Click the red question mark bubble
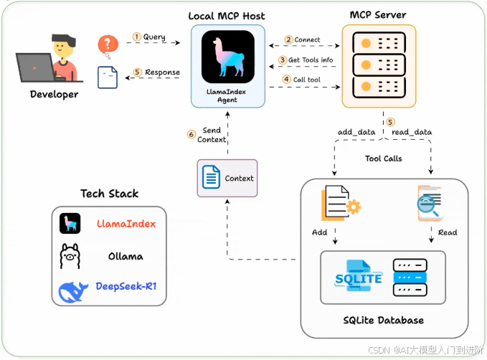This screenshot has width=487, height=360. click(108, 45)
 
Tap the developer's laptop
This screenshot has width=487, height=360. click(36, 67)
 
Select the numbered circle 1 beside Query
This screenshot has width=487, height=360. click(137, 37)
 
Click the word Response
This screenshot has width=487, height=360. click(162, 72)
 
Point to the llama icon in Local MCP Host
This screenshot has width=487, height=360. click(228, 57)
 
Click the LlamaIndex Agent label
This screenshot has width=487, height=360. click(227, 95)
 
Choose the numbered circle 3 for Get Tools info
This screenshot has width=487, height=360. click(283, 60)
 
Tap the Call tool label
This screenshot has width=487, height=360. click(306, 80)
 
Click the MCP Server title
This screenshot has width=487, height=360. click(378, 15)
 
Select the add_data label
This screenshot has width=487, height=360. click(356, 133)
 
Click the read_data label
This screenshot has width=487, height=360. click(412, 133)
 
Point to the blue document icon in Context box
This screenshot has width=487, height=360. click(211, 177)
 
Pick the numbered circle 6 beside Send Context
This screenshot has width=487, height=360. click(192, 134)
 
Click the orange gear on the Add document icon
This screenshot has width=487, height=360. click(354, 207)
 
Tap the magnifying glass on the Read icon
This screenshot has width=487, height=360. click(427, 205)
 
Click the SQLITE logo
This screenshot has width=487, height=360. click(359, 276)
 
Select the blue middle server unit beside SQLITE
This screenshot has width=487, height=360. click(410, 278)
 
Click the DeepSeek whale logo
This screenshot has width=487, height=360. click(73, 292)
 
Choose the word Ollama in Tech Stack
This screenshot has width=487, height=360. click(126, 256)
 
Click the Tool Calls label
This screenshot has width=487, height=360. click(384, 158)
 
